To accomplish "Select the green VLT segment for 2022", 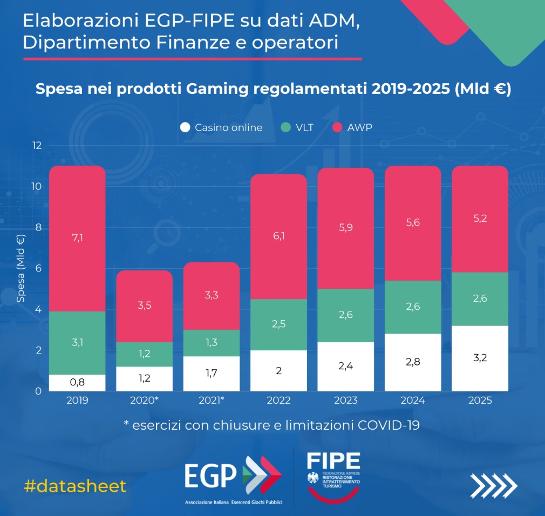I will tap(279, 324).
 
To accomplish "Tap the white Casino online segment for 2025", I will tap(480, 358).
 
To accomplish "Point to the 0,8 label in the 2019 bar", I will tap(77, 382).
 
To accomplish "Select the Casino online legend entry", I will tap(222, 127).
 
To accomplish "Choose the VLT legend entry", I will tap(297, 127).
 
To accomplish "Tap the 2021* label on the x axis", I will tap(212, 400).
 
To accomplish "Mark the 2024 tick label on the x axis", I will tap(413, 400).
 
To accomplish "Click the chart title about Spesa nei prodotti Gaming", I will tap(272, 89).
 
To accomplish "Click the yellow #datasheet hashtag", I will tap(75, 486).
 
